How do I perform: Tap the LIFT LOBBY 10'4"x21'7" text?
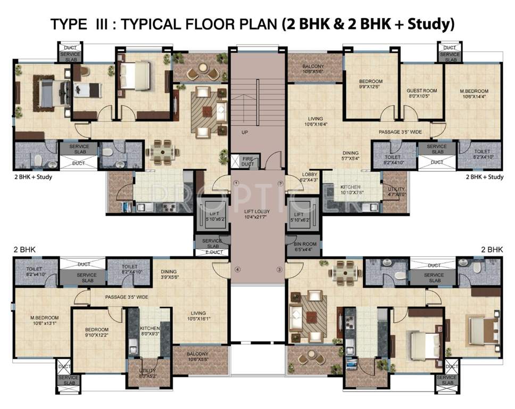257,214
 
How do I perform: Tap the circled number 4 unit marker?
237,269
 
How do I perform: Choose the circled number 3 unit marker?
278,269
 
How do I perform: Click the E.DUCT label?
213,252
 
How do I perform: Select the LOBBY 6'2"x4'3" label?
310,177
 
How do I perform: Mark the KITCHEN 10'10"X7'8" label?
352,190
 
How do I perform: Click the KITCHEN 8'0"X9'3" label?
149,331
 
